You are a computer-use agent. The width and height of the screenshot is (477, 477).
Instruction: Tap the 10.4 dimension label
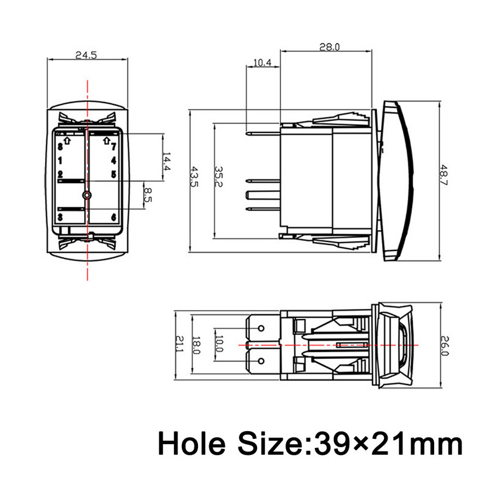pyautogui.click(x=262, y=62)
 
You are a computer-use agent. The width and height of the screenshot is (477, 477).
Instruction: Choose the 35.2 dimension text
pyautogui.click(x=219, y=178)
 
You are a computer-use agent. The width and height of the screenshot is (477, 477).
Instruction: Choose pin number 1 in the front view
pyautogui.click(x=60, y=160)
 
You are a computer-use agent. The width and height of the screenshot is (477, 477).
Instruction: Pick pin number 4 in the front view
pyautogui.click(x=113, y=160)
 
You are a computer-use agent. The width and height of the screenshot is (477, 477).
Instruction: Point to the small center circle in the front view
pyautogui.click(x=88, y=194)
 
